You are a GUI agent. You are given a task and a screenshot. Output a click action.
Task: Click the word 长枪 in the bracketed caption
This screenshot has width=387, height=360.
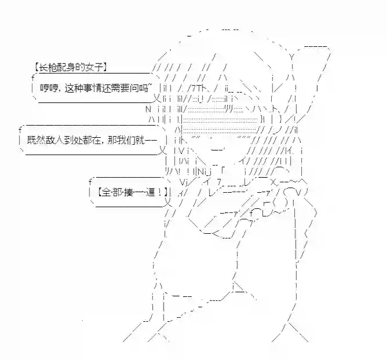(x=48, y=67)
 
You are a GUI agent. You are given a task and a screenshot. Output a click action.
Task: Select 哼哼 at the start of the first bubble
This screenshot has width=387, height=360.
(x=49, y=88)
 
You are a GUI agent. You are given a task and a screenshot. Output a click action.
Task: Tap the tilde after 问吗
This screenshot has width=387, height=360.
(x=151, y=85)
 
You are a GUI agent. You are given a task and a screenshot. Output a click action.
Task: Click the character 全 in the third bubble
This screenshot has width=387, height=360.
(x=106, y=192)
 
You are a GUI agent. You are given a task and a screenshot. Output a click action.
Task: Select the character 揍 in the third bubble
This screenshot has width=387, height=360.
(x=129, y=192)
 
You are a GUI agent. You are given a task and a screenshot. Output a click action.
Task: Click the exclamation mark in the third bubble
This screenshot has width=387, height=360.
(x=160, y=192)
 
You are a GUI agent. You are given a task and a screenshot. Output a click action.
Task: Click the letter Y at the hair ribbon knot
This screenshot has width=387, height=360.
(x=292, y=57)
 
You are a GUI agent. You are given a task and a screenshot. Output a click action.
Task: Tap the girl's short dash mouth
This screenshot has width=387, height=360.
(x=218, y=149)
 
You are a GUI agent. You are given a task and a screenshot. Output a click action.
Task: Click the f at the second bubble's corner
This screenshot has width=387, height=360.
(x=20, y=129)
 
